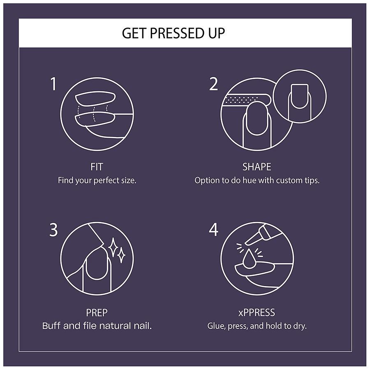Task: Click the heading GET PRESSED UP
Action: click(173, 33)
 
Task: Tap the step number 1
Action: click(53, 84)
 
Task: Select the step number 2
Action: click(213, 84)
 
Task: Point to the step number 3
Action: click(53, 230)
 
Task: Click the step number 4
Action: click(213, 230)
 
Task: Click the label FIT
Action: click(97, 167)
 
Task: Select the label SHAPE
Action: click(257, 167)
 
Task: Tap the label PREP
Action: click(97, 313)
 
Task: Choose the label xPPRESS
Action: click(257, 313)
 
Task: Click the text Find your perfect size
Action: click(97, 180)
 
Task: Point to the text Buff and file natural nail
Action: click(97, 326)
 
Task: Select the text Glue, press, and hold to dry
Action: click(257, 326)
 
